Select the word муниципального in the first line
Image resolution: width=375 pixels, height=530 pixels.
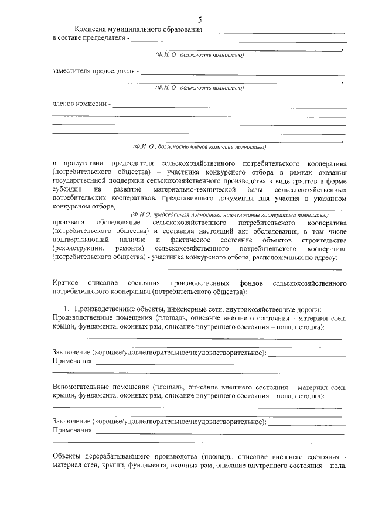[137, 30]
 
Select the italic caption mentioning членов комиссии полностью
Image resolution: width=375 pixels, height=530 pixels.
[199, 146]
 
